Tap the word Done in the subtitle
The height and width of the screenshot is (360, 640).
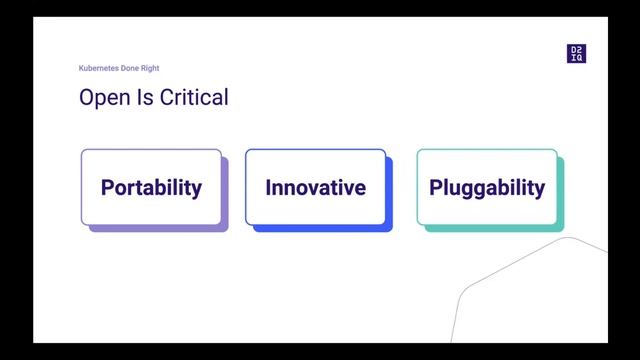pos(132,68)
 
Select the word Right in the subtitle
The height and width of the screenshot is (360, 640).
pos(151,68)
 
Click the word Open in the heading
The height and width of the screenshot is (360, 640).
pos(102,97)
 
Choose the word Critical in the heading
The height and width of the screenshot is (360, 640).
pos(190,97)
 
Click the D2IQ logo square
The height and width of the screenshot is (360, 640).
pos(576,54)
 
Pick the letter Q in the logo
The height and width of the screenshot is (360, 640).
pos(580,58)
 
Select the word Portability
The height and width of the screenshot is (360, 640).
pos(151,187)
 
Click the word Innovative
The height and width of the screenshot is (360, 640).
pos(315,187)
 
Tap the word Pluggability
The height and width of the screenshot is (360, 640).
pos(487,187)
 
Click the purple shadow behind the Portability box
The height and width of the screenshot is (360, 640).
pos(160,229)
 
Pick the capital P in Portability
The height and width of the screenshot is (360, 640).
pos(107,187)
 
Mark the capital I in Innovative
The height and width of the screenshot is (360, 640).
pos(268,187)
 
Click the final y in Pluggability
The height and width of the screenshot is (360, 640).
pos(540,189)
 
